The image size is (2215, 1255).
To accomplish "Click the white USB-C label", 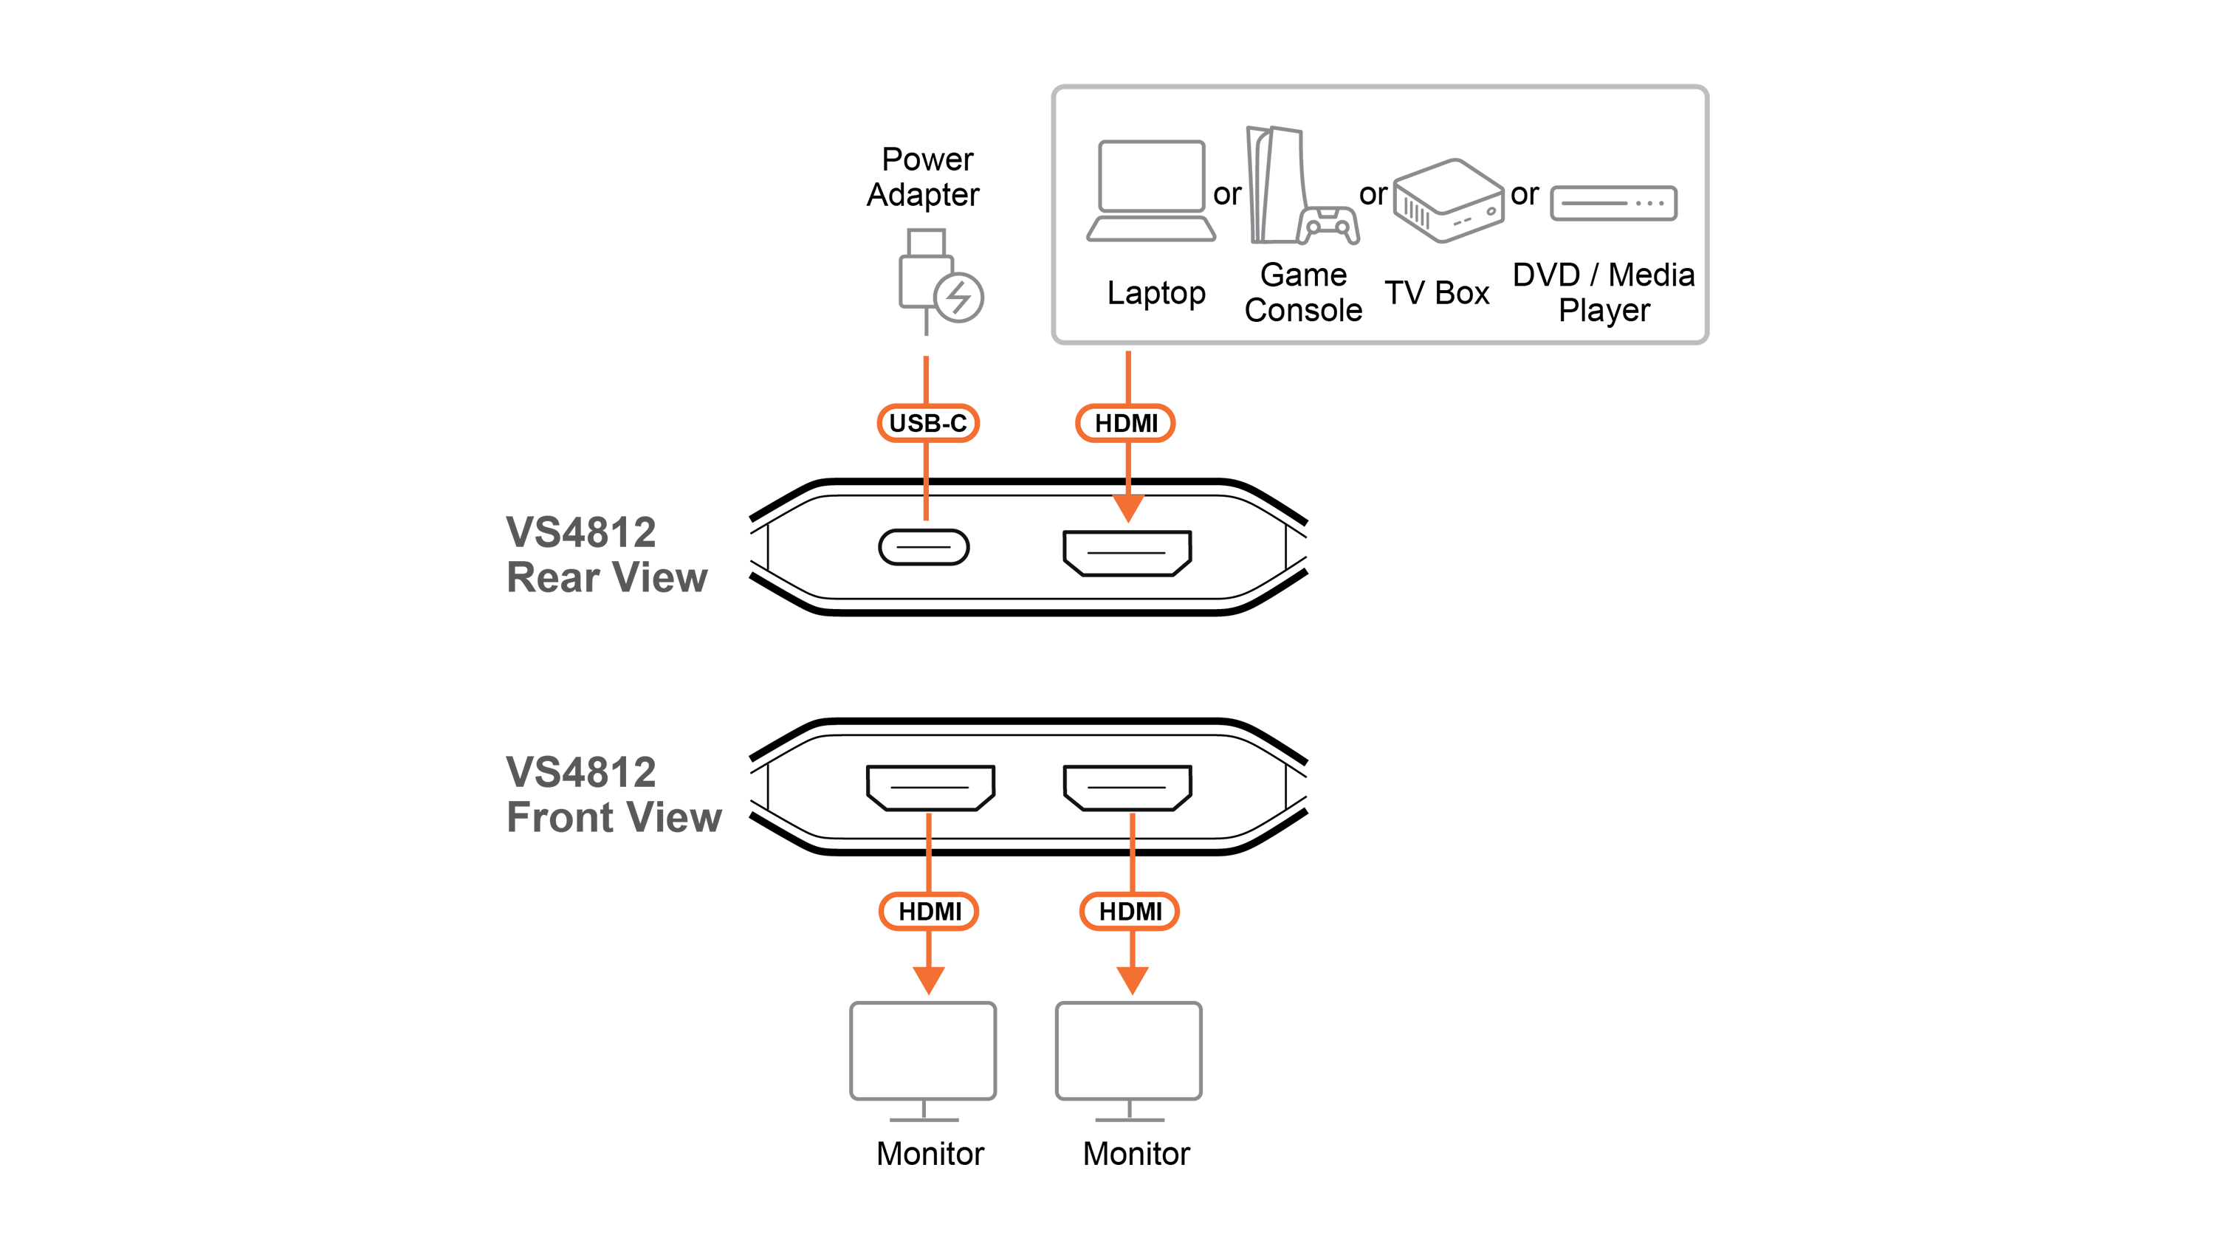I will point(927,423).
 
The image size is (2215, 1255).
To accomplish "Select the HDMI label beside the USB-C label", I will point(1126,423).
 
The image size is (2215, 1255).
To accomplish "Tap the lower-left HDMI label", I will point(929,911).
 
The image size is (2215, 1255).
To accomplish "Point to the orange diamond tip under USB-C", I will point(927,511).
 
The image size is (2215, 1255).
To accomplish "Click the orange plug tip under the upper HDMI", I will point(1127,510).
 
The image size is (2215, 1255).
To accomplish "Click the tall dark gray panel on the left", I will point(603,673).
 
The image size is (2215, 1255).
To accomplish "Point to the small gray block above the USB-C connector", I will point(879,293).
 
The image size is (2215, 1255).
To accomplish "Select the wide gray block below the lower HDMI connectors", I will point(1026,1051).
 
